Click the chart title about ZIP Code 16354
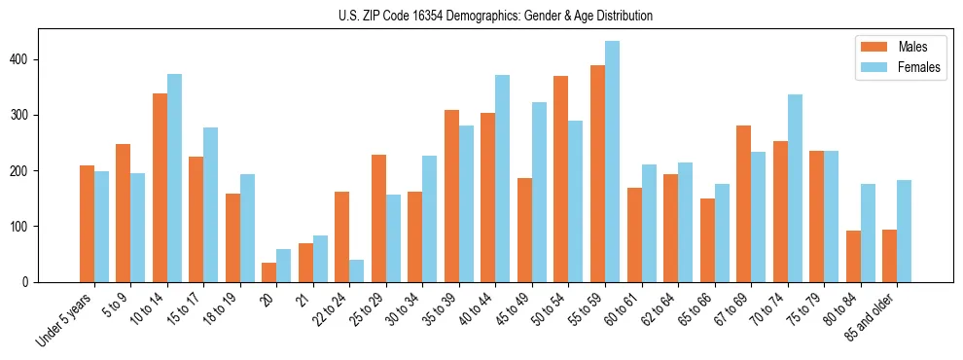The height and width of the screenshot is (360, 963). pos(481,16)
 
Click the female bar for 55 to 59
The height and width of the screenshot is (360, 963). pos(612,162)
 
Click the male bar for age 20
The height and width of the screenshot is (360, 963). pos(269,272)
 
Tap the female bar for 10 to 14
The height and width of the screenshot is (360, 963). pos(174,178)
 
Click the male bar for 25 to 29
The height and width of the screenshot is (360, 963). pos(378,218)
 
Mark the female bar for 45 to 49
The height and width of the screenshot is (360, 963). pos(539,192)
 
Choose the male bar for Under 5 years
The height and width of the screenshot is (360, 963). pos(87,224)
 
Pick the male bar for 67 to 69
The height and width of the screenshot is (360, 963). pos(743,229)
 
